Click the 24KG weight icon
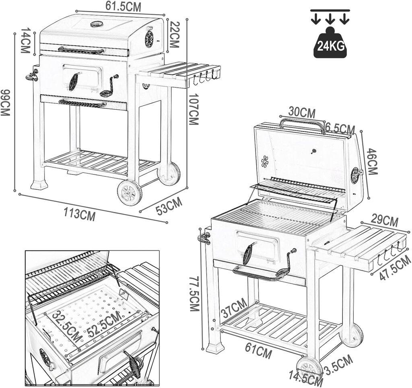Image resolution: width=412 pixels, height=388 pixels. [x=330, y=43]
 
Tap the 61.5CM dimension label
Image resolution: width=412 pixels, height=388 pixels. [x=124, y=6]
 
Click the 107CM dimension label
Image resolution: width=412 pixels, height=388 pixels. [x=194, y=109]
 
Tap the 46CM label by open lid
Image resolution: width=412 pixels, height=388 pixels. [x=371, y=161]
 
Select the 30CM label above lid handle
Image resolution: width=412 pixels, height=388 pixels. [x=302, y=113]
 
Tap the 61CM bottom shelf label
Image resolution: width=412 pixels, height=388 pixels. [x=258, y=352]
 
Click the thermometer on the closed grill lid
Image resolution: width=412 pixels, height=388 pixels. [x=97, y=24]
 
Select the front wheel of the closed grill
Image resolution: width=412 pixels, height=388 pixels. [x=130, y=193]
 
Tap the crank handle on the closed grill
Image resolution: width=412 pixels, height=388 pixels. [x=109, y=86]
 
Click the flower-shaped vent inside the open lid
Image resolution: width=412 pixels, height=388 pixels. [x=265, y=162]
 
